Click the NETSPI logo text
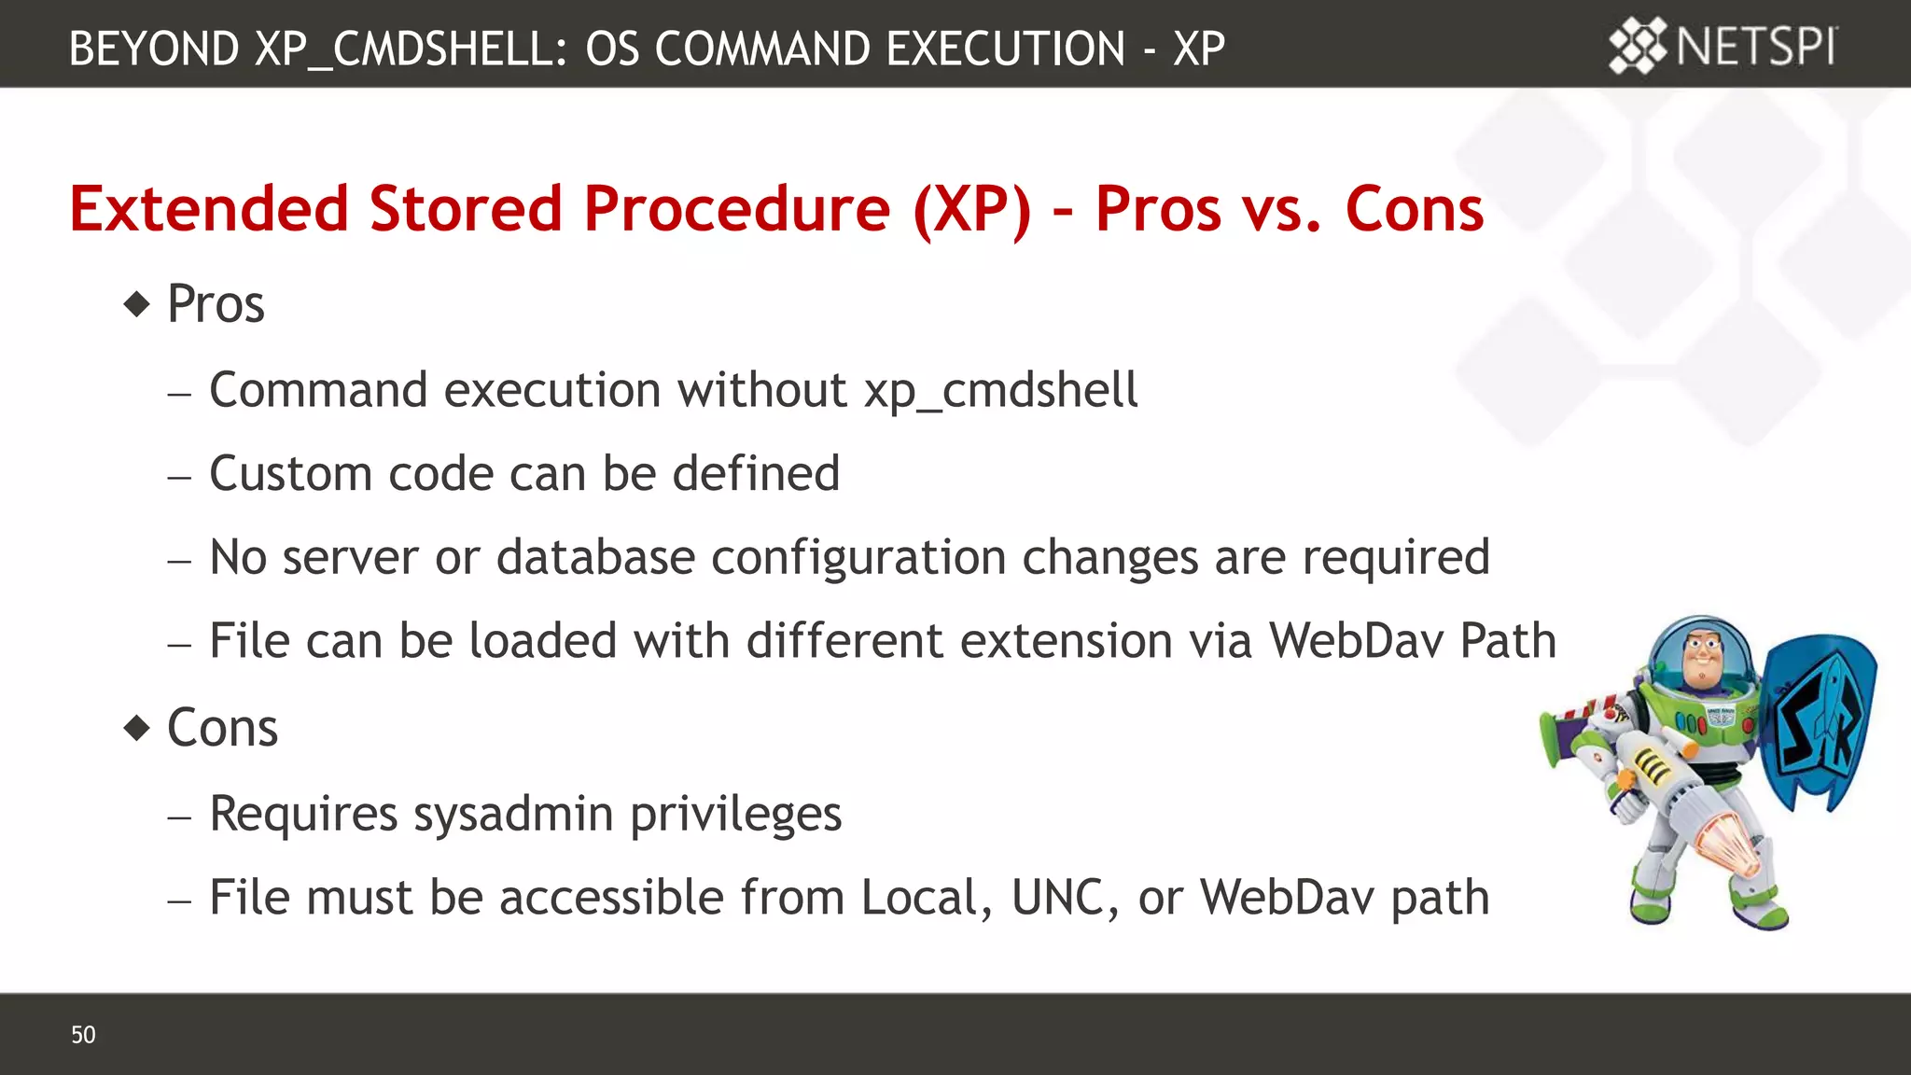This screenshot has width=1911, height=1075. coord(1756,47)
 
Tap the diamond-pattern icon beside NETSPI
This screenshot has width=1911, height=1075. coord(1637,46)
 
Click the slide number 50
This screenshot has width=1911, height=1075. coord(83,1035)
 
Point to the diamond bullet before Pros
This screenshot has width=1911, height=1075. coord(137,304)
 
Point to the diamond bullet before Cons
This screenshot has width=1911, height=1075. coord(137,728)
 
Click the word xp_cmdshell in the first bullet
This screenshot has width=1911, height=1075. coord(1000,390)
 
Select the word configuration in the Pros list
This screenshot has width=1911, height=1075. coord(858,558)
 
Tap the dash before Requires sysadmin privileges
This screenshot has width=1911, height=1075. coord(179,817)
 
